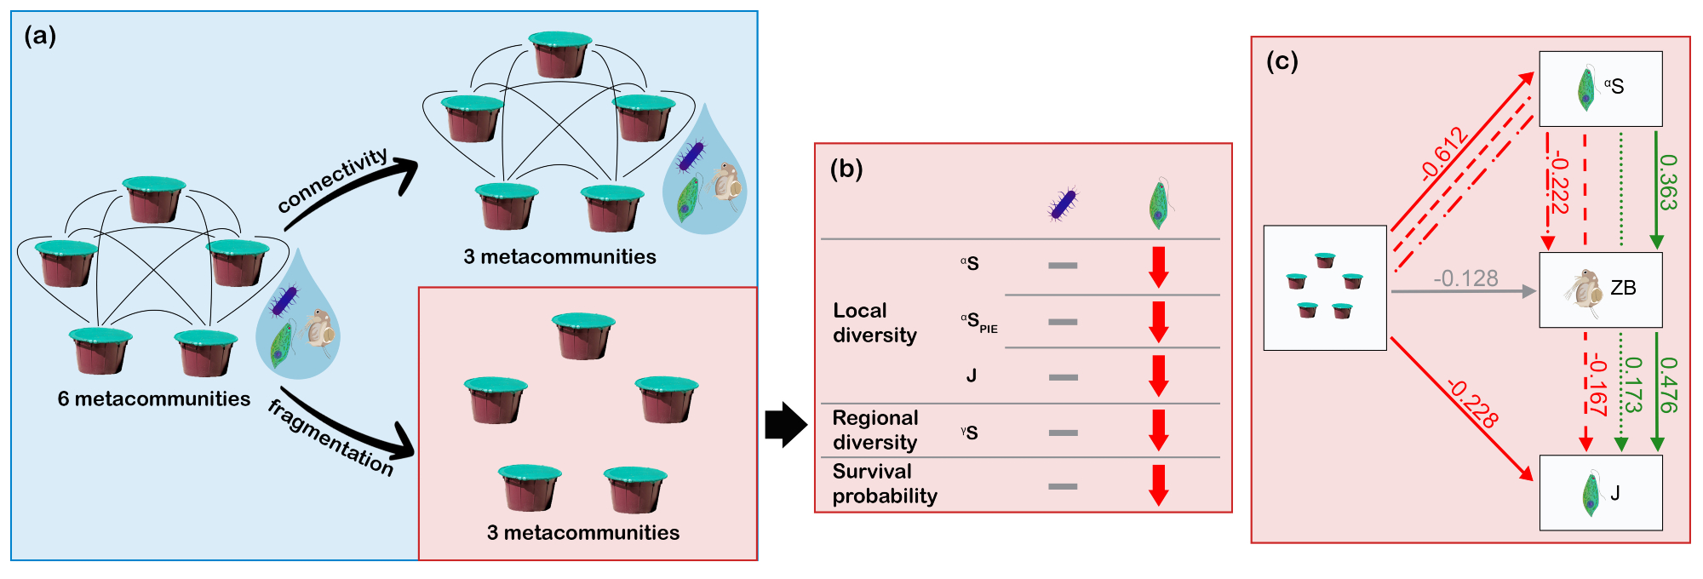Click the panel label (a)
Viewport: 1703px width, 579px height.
point(40,36)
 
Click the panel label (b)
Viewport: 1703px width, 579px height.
point(846,169)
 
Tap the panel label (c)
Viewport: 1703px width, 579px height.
point(1282,61)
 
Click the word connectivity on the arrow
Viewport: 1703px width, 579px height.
point(333,180)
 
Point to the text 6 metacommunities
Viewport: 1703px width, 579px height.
point(154,398)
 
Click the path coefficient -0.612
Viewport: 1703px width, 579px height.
point(1444,153)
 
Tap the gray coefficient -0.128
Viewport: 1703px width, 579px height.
point(1465,278)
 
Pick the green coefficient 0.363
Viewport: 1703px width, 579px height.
point(1668,182)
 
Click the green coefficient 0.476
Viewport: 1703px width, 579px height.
point(1668,384)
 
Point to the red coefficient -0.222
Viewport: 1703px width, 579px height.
point(1558,183)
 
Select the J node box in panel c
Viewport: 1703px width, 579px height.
point(1600,493)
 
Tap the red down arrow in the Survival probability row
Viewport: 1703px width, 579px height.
point(1158,484)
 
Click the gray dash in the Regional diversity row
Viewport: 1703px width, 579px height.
point(1063,433)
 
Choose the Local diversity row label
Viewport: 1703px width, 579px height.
point(874,323)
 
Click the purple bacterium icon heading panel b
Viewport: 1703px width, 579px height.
point(1062,204)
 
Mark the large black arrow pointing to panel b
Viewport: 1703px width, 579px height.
point(785,424)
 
